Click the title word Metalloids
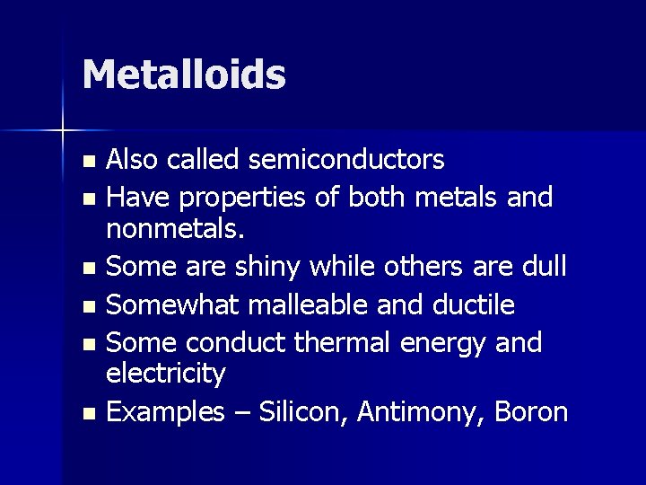click(x=184, y=75)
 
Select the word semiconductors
click(x=346, y=160)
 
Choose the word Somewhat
click(x=172, y=305)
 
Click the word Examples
click(x=165, y=412)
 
